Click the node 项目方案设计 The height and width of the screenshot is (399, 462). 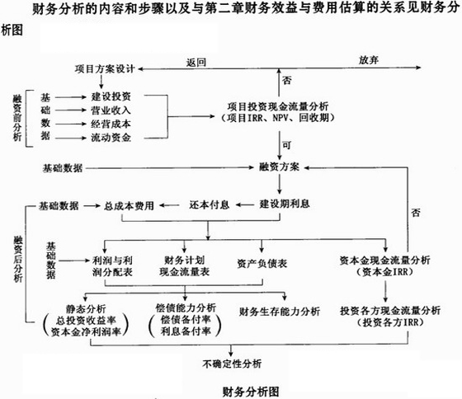(105, 69)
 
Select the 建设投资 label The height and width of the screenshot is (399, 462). (111, 96)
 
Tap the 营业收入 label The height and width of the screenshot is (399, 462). (111, 110)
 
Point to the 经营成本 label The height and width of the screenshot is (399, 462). (111, 124)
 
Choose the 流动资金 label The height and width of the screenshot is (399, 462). (111, 138)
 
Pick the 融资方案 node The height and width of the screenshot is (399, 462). (280, 167)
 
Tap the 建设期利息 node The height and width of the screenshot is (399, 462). (285, 204)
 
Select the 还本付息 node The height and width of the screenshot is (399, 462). (210, 204)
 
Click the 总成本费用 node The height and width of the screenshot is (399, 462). (129, 205)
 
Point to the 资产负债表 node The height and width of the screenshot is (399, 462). (262, 264)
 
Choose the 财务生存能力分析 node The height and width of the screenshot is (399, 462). (280, 312)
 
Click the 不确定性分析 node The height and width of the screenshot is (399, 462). (232, 364)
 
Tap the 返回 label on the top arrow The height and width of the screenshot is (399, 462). (196, 63)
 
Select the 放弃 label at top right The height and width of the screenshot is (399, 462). (369, 60)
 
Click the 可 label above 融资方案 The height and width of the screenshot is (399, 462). (287, 145)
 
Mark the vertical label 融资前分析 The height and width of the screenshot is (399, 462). (17, 118)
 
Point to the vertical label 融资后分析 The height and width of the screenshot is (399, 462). (18, 259)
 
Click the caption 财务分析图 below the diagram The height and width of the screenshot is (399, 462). (251, 392)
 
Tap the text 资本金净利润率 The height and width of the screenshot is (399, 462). (86, 332)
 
